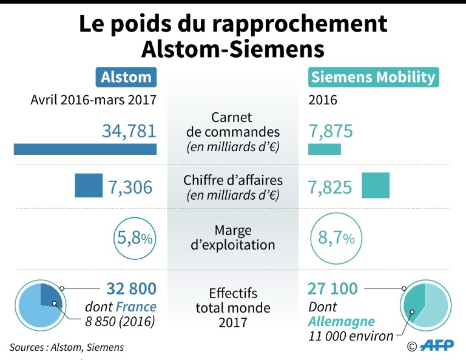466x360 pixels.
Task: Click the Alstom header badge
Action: click(x=126, y=77)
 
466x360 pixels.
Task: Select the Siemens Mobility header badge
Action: click(x=373, y=77)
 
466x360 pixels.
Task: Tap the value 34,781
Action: click(x=129, y=131)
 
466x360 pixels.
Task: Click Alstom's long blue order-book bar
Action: click(x=85, y=149)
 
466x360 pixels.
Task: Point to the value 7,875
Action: click(x=330, y=131)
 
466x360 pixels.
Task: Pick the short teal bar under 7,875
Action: click(x=325, y=149)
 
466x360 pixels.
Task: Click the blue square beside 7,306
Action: click(x=89, y=186)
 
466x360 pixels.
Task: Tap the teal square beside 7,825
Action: click(x=376, y=186)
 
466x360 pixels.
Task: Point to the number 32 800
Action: click(x=131, y=288)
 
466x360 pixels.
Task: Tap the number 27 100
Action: click(x=333, y=288)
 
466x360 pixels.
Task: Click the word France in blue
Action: click(x=137, y=307)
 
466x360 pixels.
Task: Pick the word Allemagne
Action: click(x=341, y=321)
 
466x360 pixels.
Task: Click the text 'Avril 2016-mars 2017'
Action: click(x=93, y=100)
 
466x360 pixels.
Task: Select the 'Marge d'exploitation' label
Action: click(x=233, y=238)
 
